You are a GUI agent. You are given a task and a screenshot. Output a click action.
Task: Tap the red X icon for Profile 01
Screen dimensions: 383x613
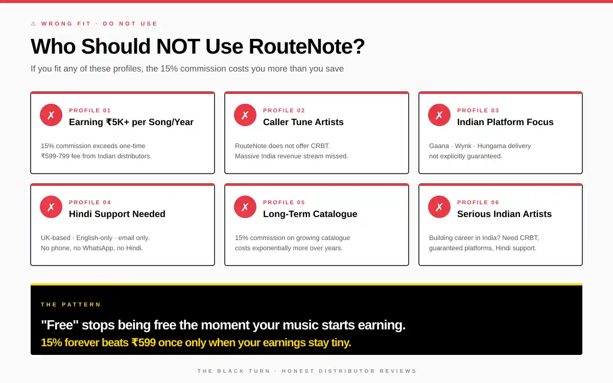51,115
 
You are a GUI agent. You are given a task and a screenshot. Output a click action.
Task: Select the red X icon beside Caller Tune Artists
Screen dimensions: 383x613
245,115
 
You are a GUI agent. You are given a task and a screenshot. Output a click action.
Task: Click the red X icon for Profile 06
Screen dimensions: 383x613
439,207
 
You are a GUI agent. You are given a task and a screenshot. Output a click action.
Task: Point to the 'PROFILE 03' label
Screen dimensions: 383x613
478,110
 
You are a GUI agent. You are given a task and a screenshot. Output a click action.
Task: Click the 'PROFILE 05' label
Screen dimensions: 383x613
284,202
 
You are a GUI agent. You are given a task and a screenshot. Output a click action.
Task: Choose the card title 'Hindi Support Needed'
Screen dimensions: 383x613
117,214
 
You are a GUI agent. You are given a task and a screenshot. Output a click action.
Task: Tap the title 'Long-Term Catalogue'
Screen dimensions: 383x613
310,214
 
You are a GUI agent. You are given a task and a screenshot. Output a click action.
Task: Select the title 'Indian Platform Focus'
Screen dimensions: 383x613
505,122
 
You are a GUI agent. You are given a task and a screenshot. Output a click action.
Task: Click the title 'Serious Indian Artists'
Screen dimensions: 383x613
504,214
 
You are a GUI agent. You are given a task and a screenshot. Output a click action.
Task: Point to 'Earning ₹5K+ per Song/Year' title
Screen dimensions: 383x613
131,122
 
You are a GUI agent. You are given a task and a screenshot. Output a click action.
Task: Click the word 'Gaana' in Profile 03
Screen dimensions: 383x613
439,146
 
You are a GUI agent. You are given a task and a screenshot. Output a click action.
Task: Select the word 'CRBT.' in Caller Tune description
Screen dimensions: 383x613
320,146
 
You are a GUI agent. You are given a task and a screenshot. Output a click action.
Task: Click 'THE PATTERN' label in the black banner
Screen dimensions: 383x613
71,304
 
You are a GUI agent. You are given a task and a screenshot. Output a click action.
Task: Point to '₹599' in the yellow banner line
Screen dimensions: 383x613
144,343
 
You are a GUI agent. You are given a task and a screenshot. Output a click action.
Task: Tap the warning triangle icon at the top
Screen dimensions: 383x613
33,23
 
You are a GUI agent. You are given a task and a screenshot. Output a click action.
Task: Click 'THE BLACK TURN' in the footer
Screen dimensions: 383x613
234,371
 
